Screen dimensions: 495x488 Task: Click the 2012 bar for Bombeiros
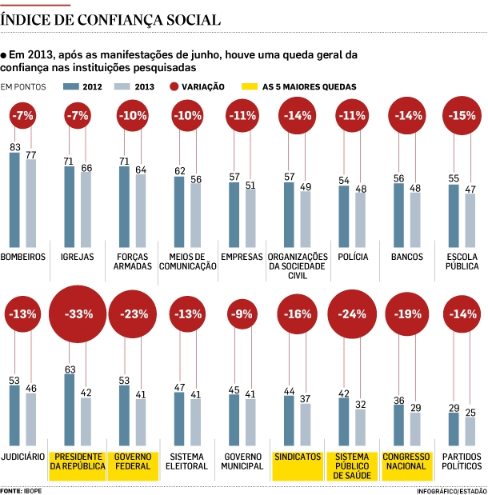[14, 200]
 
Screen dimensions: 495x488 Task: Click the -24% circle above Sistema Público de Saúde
[353, 314]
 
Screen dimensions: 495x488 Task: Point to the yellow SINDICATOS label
[298, 457]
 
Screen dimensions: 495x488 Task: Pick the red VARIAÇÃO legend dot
[174, 86]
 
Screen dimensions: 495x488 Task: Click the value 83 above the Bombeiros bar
[14, 147]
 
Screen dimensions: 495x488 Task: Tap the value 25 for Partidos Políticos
[470, 412]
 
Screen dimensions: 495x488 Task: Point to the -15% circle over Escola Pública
[462, 115]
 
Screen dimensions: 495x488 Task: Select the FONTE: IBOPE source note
[22, 489]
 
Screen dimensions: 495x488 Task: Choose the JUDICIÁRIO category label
[23, 457]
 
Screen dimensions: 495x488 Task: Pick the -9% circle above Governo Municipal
[242, 314]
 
